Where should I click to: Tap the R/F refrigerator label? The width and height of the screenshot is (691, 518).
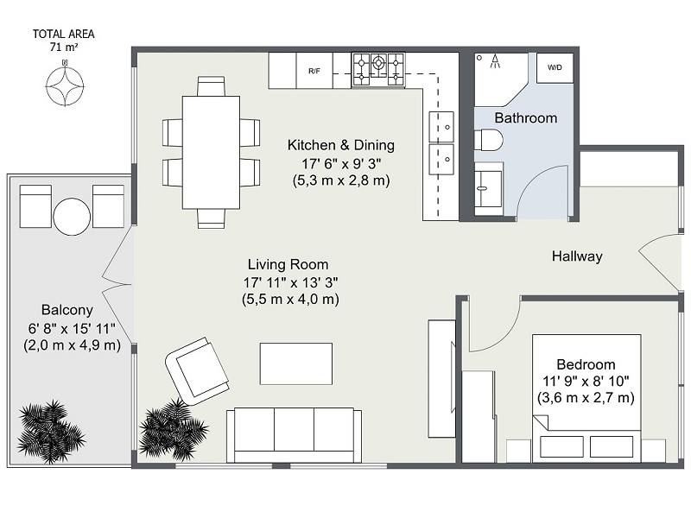[x=314, y=71]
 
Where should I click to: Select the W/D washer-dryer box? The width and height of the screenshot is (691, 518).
[x=555, y=67]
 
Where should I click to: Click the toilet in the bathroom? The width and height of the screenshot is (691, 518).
[x=488, y=140]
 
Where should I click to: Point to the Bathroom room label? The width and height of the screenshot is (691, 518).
[x=526, y=118]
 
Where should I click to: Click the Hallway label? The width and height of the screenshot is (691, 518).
[x=577, y=256]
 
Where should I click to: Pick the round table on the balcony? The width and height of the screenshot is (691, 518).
[x=72, y=217]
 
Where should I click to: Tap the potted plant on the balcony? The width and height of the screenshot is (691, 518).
[x=50, y=433]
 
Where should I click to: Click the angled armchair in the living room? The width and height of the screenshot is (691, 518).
[x=197, y=372]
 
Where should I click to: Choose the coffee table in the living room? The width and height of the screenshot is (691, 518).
[x=295, y=363]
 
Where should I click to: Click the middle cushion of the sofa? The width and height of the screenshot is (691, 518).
[x=294, y=429]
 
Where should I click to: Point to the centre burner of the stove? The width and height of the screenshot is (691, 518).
[x=378, y=62]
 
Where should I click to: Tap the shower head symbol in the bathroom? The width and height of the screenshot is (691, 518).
[x=495, y=60]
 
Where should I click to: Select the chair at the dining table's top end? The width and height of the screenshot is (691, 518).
[x=211, y=86]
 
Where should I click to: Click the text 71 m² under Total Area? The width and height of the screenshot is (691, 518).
[x=64, y=47]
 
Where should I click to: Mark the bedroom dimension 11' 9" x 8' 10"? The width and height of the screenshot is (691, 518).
[x=586, y=381]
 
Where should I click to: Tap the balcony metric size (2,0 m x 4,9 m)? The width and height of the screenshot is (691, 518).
[x=72, y=344]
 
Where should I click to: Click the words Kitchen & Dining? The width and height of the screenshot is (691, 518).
[x=340, y=145]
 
